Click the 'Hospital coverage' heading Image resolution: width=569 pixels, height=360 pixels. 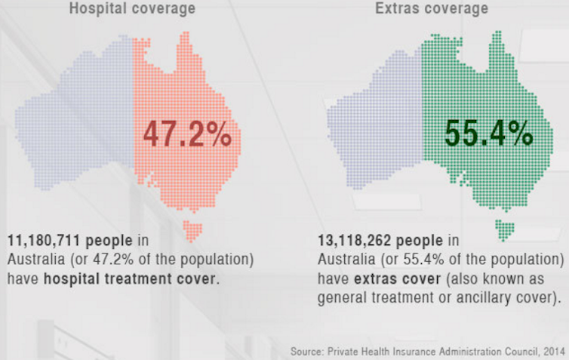coord(132,9)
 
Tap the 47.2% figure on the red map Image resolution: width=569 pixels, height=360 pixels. coord(187,136)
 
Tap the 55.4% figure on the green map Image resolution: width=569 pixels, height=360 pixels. coord(488,134)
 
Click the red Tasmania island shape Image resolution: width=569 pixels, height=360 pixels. coord(193,228)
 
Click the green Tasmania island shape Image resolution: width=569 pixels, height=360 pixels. coord(504,227)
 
